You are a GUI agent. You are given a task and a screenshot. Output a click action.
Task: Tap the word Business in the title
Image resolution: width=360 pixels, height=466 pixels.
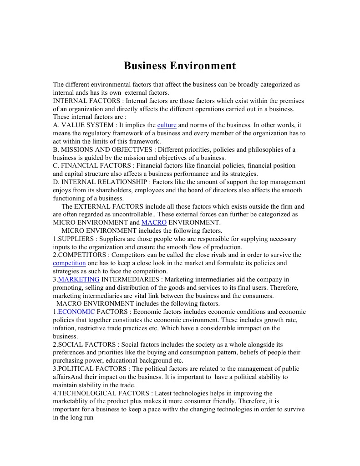[145, 66]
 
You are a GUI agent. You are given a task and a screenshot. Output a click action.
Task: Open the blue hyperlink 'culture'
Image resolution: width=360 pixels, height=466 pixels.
[167, 125]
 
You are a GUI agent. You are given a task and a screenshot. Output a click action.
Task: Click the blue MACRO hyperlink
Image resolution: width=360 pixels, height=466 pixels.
[154, 223]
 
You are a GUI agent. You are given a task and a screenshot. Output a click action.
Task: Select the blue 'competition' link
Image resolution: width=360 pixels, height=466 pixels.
[69, 263]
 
